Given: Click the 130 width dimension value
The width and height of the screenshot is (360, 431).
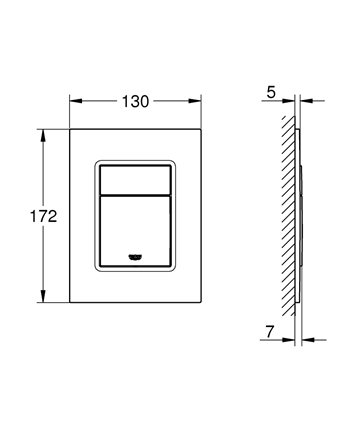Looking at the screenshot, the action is [135, 101].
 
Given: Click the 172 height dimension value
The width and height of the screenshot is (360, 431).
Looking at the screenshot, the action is [44, 216].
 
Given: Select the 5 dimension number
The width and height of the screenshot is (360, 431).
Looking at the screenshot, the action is [271, 92].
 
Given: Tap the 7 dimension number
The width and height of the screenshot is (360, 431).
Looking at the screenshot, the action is [270, 332].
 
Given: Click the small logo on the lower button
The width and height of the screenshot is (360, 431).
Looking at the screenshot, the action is [135, 257].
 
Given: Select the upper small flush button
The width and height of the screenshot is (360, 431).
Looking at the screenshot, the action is [136, 179].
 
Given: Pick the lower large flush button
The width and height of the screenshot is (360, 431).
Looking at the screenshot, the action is [136, 231].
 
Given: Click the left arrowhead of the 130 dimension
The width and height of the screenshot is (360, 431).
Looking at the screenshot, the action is [76, 101].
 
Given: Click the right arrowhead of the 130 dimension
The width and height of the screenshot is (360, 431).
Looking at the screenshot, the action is [195, 101].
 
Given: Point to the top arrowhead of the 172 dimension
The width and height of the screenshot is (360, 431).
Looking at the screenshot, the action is [43, 135].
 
